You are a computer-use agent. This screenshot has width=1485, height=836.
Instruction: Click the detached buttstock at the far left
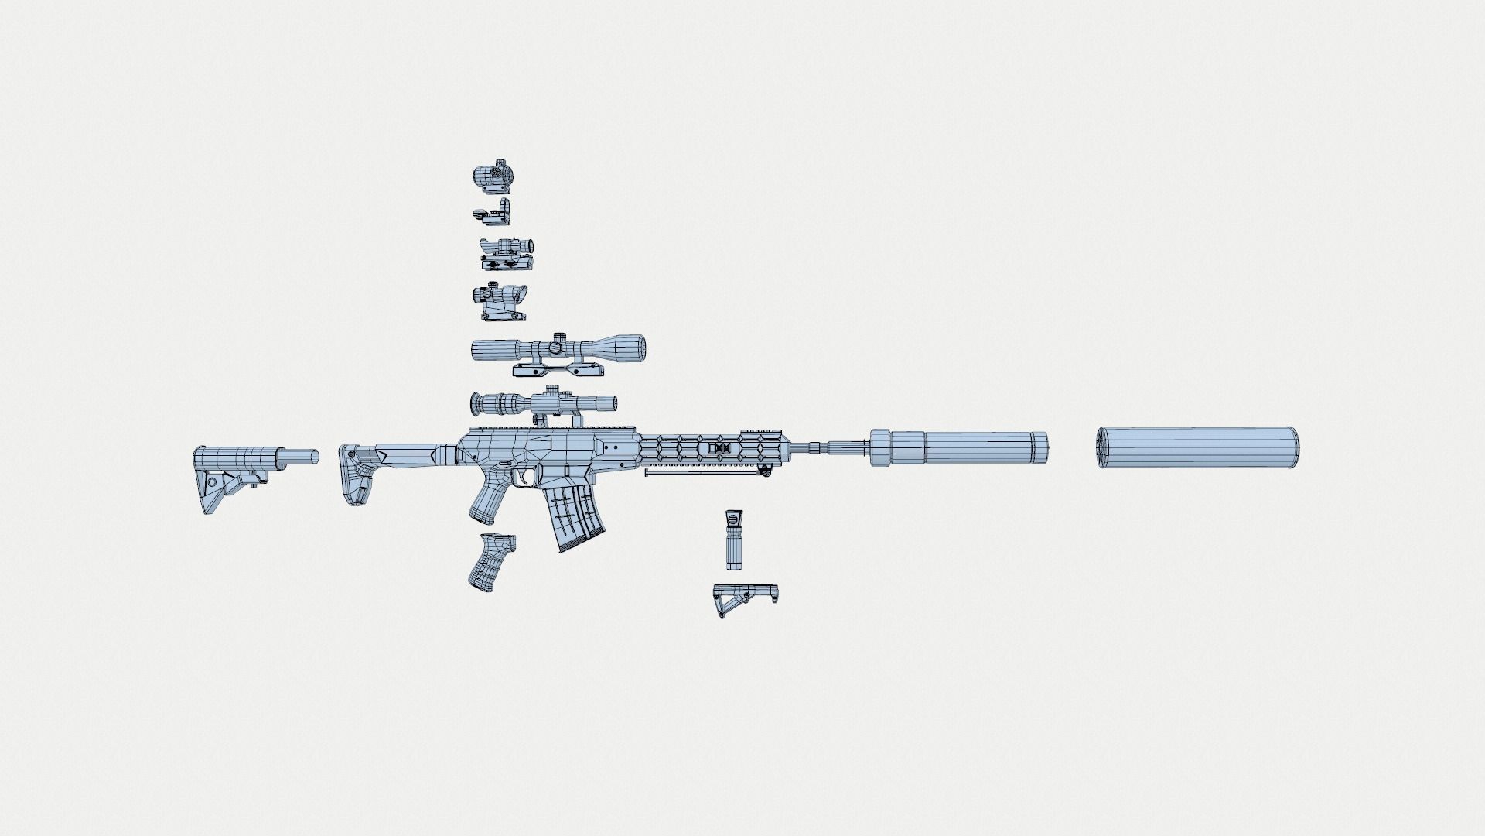click(232, 472)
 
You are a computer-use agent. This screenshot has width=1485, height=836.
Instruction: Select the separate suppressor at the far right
click(1197, 447)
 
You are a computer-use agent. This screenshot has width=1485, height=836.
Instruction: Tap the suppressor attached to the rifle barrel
click(959, 447)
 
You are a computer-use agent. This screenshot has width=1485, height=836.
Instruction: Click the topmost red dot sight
click(492, 177)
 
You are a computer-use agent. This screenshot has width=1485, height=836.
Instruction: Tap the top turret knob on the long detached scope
click(558, 337)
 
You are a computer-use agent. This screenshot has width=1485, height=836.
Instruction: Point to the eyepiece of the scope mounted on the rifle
click(480, 403)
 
